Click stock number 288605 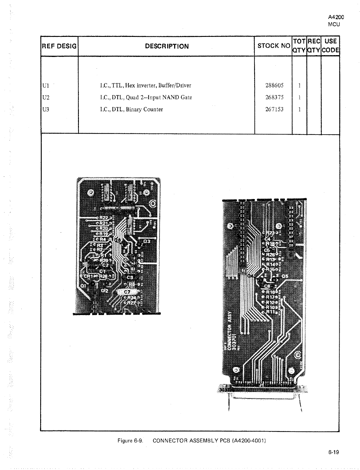[274, 85]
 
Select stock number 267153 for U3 [274, 109]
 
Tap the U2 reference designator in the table [46, 97]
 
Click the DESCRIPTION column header [167, 46]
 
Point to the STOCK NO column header [274, 46]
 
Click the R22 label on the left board [104, 218]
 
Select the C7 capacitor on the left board [127, 292]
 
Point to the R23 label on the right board [270, 233]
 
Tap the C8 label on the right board [267, 286]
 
